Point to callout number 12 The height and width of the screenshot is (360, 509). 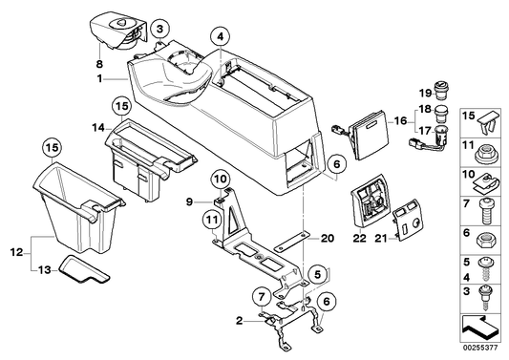[x=15, y=251]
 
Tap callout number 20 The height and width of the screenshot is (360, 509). [x=300, y=238]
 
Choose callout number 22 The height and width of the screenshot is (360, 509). [x=360, y=237]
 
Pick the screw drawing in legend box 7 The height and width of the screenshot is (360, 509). [x=485, y=204]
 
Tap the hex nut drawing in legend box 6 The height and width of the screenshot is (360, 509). [x=485, y=235]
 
